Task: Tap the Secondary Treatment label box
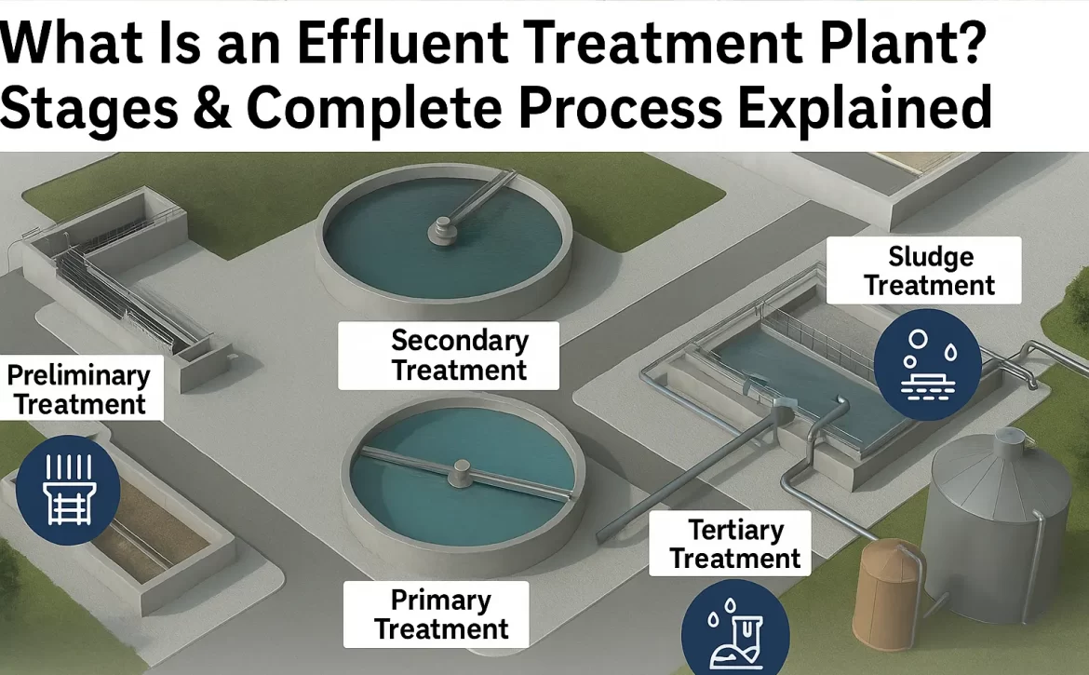449,356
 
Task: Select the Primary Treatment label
437,614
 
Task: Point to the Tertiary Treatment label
730,544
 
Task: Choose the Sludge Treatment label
923,270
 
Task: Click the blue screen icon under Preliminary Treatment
67,490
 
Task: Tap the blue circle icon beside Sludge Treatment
927,365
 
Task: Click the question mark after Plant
970,43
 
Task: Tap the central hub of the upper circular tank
442,230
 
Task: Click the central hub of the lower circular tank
462,472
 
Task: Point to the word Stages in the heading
89,109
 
